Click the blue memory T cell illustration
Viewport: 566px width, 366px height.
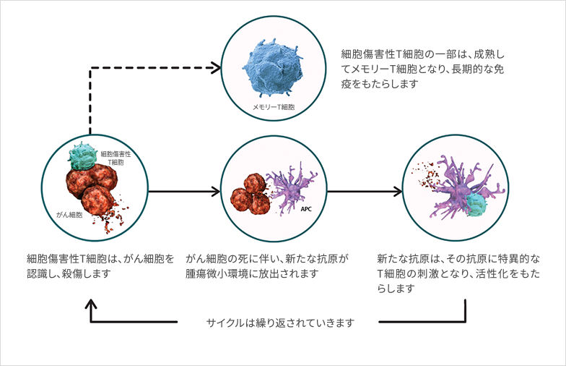coord(273,67)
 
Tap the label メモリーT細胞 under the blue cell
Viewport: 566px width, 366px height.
coord(273,107)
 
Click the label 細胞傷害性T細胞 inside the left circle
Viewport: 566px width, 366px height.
coord(116,158)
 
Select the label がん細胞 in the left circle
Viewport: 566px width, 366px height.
coord(69,215)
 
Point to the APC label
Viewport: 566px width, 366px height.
coord(306,209)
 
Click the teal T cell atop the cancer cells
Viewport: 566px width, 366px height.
coord(82,156)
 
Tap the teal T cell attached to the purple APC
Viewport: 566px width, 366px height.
coord(476,204)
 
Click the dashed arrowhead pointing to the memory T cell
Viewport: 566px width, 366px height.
coord(216,68)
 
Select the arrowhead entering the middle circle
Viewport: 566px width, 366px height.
coord(216,191)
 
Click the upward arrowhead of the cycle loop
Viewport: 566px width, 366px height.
coord(91,304)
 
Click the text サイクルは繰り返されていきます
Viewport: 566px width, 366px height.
coord(280,323)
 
